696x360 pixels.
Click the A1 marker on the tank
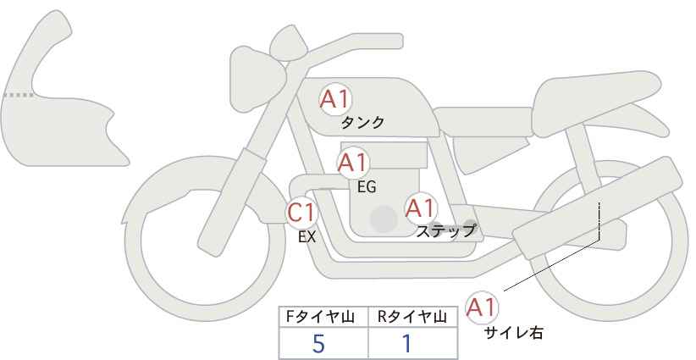pyautogui.click(x=335, y=99)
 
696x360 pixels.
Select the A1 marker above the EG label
pyautogui.click(x=353, y=163)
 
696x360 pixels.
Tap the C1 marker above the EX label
pyautogui.click(x=301, y=212)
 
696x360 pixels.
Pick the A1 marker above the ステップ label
pyautogui.click(x=420, y=208)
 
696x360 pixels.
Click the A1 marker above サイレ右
pyautogui.click(x=482, y=307)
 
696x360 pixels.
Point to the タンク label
pyautogui.click(x=362, y=122)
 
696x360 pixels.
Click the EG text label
pyautogui.click(x=367, y=187)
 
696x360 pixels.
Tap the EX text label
pyautogui.click(x=307, y=237)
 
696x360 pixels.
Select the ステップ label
pyautogui.click(x=445, y=231)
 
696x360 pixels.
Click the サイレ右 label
pyautogui.click(x=513, y=333)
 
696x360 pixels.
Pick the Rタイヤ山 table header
pyautogui.click(x=412, y=317)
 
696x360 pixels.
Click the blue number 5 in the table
pyautogui.click(x=318, y=343)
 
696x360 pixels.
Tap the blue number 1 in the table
pyautogui.click(x=406, y=343)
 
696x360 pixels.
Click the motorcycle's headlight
pyautogui.click(x=257, y=78)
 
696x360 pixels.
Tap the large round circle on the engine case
pyautogui.click(x=384, y=219)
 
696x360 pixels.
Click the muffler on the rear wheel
pyautogui.click(x=597, y=208)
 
